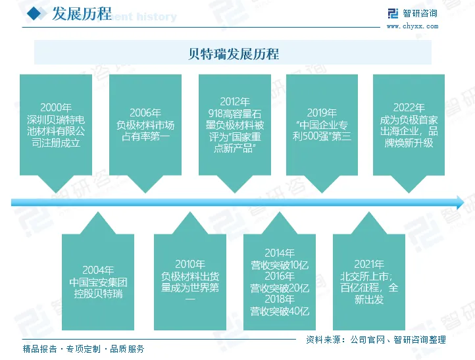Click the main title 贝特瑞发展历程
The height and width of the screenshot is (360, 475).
[x=233, y=53]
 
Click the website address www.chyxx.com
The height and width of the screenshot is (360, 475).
[x=412, y=26]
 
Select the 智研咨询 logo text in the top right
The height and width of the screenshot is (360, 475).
[x=420, y=13]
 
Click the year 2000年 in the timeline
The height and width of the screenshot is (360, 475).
[x=56, y=107]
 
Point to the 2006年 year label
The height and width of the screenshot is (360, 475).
[x=145, y=113]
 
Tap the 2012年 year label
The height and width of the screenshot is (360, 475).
[x=235, y=102]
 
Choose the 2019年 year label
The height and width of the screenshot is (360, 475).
[x=322, y=113]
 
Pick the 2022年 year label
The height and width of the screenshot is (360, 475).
[x=409, y=107]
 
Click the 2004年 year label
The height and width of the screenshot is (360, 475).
[x=98, y=270]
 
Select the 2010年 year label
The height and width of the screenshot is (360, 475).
[x=190, y=265]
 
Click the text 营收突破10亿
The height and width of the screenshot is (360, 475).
[x=280, y=265]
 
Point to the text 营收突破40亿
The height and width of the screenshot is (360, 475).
[x=280, y=311]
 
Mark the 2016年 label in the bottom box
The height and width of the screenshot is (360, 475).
[x=280, y=276]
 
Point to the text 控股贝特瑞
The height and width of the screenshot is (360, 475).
[x=98, y=294]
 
